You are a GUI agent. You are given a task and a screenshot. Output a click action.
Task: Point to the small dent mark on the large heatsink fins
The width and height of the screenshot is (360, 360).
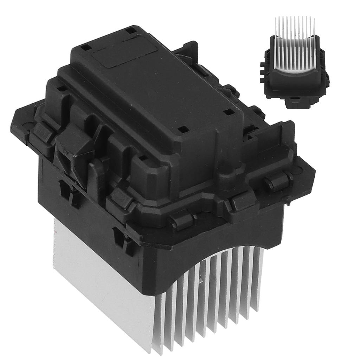coord(201,280)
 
